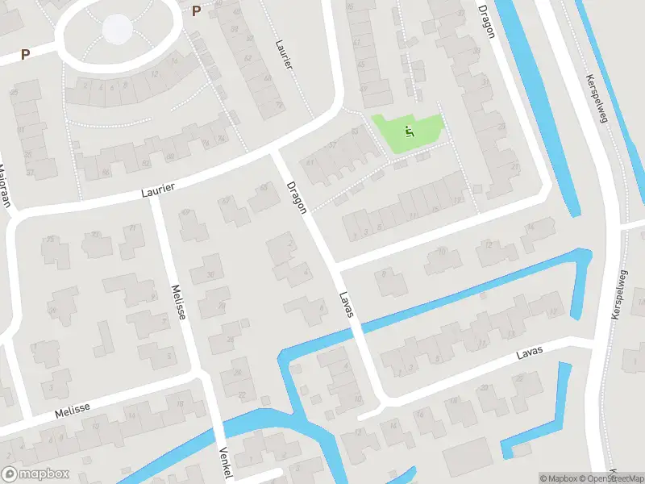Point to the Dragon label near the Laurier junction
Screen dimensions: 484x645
[x=297, y=197]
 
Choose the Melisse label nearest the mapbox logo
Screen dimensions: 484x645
[x=72, y=411]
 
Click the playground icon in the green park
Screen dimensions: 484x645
[x=409, y=131]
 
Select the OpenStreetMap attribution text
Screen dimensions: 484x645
[x=613, y=478]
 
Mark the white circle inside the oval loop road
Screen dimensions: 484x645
[x=118, y=30]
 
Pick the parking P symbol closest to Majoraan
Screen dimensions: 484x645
[x=25, y=55]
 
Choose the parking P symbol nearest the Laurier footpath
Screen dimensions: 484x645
[x=197, y=10]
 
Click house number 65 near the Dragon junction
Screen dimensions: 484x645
[x=264, y=188]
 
